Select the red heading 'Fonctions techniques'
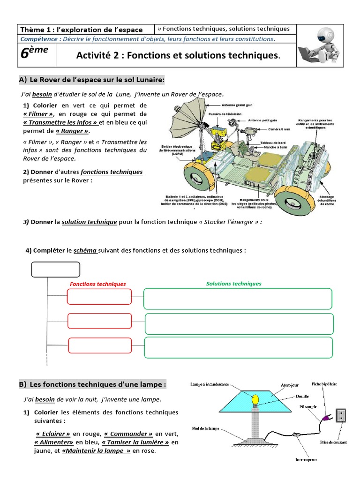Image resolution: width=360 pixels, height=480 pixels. coord(98,284)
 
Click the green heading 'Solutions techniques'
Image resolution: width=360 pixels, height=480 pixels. coord(234,284)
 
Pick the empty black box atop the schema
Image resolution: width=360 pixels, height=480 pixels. coord(55,270)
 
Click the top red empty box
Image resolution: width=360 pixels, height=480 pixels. coord(98,297)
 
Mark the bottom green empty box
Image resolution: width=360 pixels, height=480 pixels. coord(239,347)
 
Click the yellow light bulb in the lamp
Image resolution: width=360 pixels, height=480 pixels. coord(255,399)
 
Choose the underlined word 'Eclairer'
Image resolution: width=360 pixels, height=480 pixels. coord(53,434)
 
